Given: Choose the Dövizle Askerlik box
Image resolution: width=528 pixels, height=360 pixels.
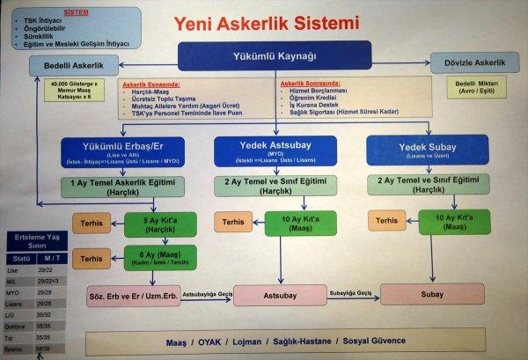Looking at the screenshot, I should click(476, 64).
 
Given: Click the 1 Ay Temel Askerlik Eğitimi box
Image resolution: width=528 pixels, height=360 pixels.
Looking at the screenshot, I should click(122, 186).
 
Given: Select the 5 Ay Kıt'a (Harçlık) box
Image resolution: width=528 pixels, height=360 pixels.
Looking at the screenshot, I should click(160, 224).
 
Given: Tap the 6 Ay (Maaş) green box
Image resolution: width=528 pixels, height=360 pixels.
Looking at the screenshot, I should click(160, 259).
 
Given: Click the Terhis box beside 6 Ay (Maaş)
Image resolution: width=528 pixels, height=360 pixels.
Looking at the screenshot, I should click(91, 259).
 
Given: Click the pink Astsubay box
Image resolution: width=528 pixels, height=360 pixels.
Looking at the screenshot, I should click(280, 295).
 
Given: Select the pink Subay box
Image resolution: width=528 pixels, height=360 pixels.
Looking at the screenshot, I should click(431, 295).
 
